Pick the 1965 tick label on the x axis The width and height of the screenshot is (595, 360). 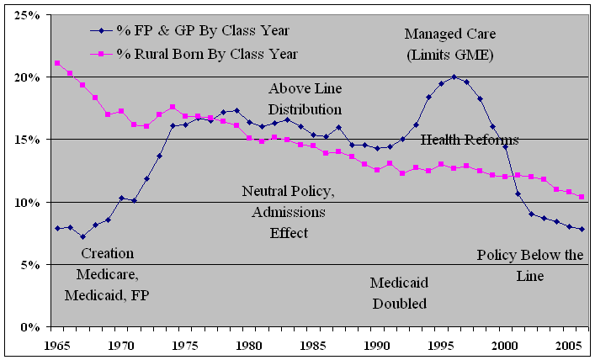click(x=56, y=345)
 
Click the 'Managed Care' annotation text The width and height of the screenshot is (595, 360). click(x=450, y=34)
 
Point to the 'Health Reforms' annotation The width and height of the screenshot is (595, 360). click(x=470, y=140)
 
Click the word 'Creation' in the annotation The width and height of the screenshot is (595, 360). click(x=107, y=253)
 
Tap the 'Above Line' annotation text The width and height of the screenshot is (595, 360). click(x=305, y=88)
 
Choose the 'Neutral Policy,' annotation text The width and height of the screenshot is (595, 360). click(x=289, y=191)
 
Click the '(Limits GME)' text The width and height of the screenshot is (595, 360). click(x=450, y=55)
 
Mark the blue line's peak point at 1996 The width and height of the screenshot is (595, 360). click(x=454, y=77)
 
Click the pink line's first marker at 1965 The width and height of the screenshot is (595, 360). click(x=56, y=63)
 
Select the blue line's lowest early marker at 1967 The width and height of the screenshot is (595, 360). click(x=82, y=236)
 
